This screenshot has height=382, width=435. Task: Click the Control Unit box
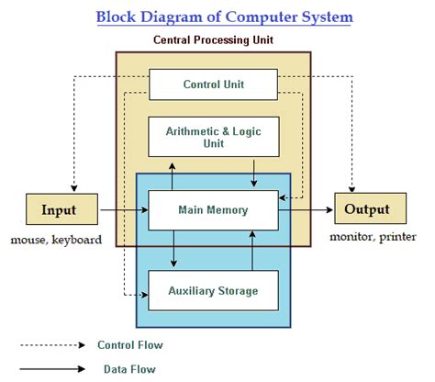213,85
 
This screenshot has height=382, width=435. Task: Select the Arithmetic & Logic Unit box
213,136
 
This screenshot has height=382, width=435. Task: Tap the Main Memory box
213,210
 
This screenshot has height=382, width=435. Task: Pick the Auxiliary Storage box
213,290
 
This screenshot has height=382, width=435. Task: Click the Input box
59,210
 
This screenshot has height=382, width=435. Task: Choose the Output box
366,210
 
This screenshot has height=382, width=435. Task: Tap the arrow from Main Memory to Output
305,210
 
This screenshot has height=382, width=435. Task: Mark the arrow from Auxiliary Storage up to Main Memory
252,250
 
